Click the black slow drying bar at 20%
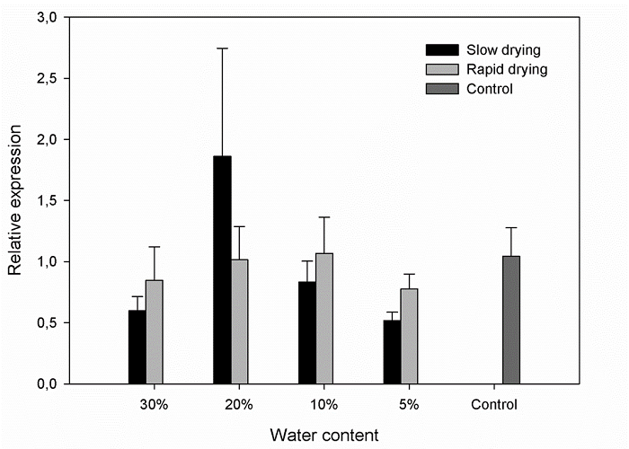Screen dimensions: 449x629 point(222,269)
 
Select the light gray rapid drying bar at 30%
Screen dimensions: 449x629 point(154,331)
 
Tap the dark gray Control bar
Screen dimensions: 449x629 point(511,320)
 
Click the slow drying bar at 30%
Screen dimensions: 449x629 point(137,347)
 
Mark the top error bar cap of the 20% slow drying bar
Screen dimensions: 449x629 point(222,48)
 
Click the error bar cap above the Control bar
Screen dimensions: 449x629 point(511,228)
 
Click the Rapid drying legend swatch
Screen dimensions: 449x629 point(441,68)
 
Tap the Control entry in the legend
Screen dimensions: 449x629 point(485,88)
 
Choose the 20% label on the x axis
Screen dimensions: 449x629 point(239,404)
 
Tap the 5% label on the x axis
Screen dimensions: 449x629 point(409,404)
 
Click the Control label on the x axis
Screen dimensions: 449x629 point(494,404)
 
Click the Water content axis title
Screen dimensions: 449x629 point(324,435)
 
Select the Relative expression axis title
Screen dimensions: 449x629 point(15,201)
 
